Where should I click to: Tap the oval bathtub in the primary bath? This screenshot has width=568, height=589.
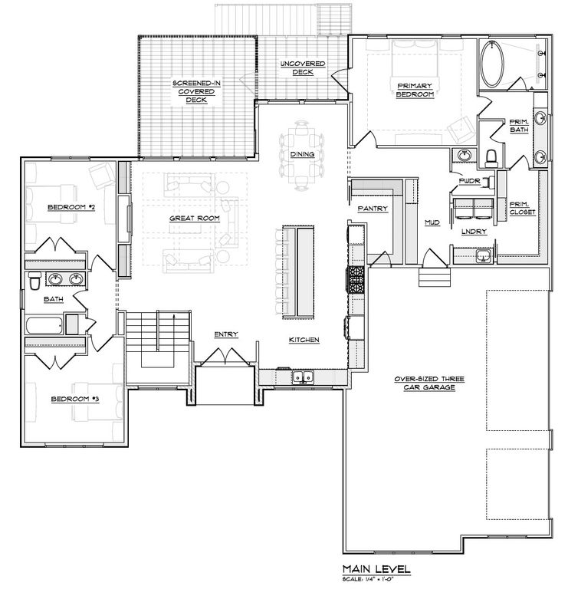493,65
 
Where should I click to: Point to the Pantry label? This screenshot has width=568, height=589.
370,208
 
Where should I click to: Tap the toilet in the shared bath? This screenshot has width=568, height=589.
34,283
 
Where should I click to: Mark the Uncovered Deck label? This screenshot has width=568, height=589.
301,68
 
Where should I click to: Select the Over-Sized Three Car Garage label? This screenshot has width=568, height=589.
426,383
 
